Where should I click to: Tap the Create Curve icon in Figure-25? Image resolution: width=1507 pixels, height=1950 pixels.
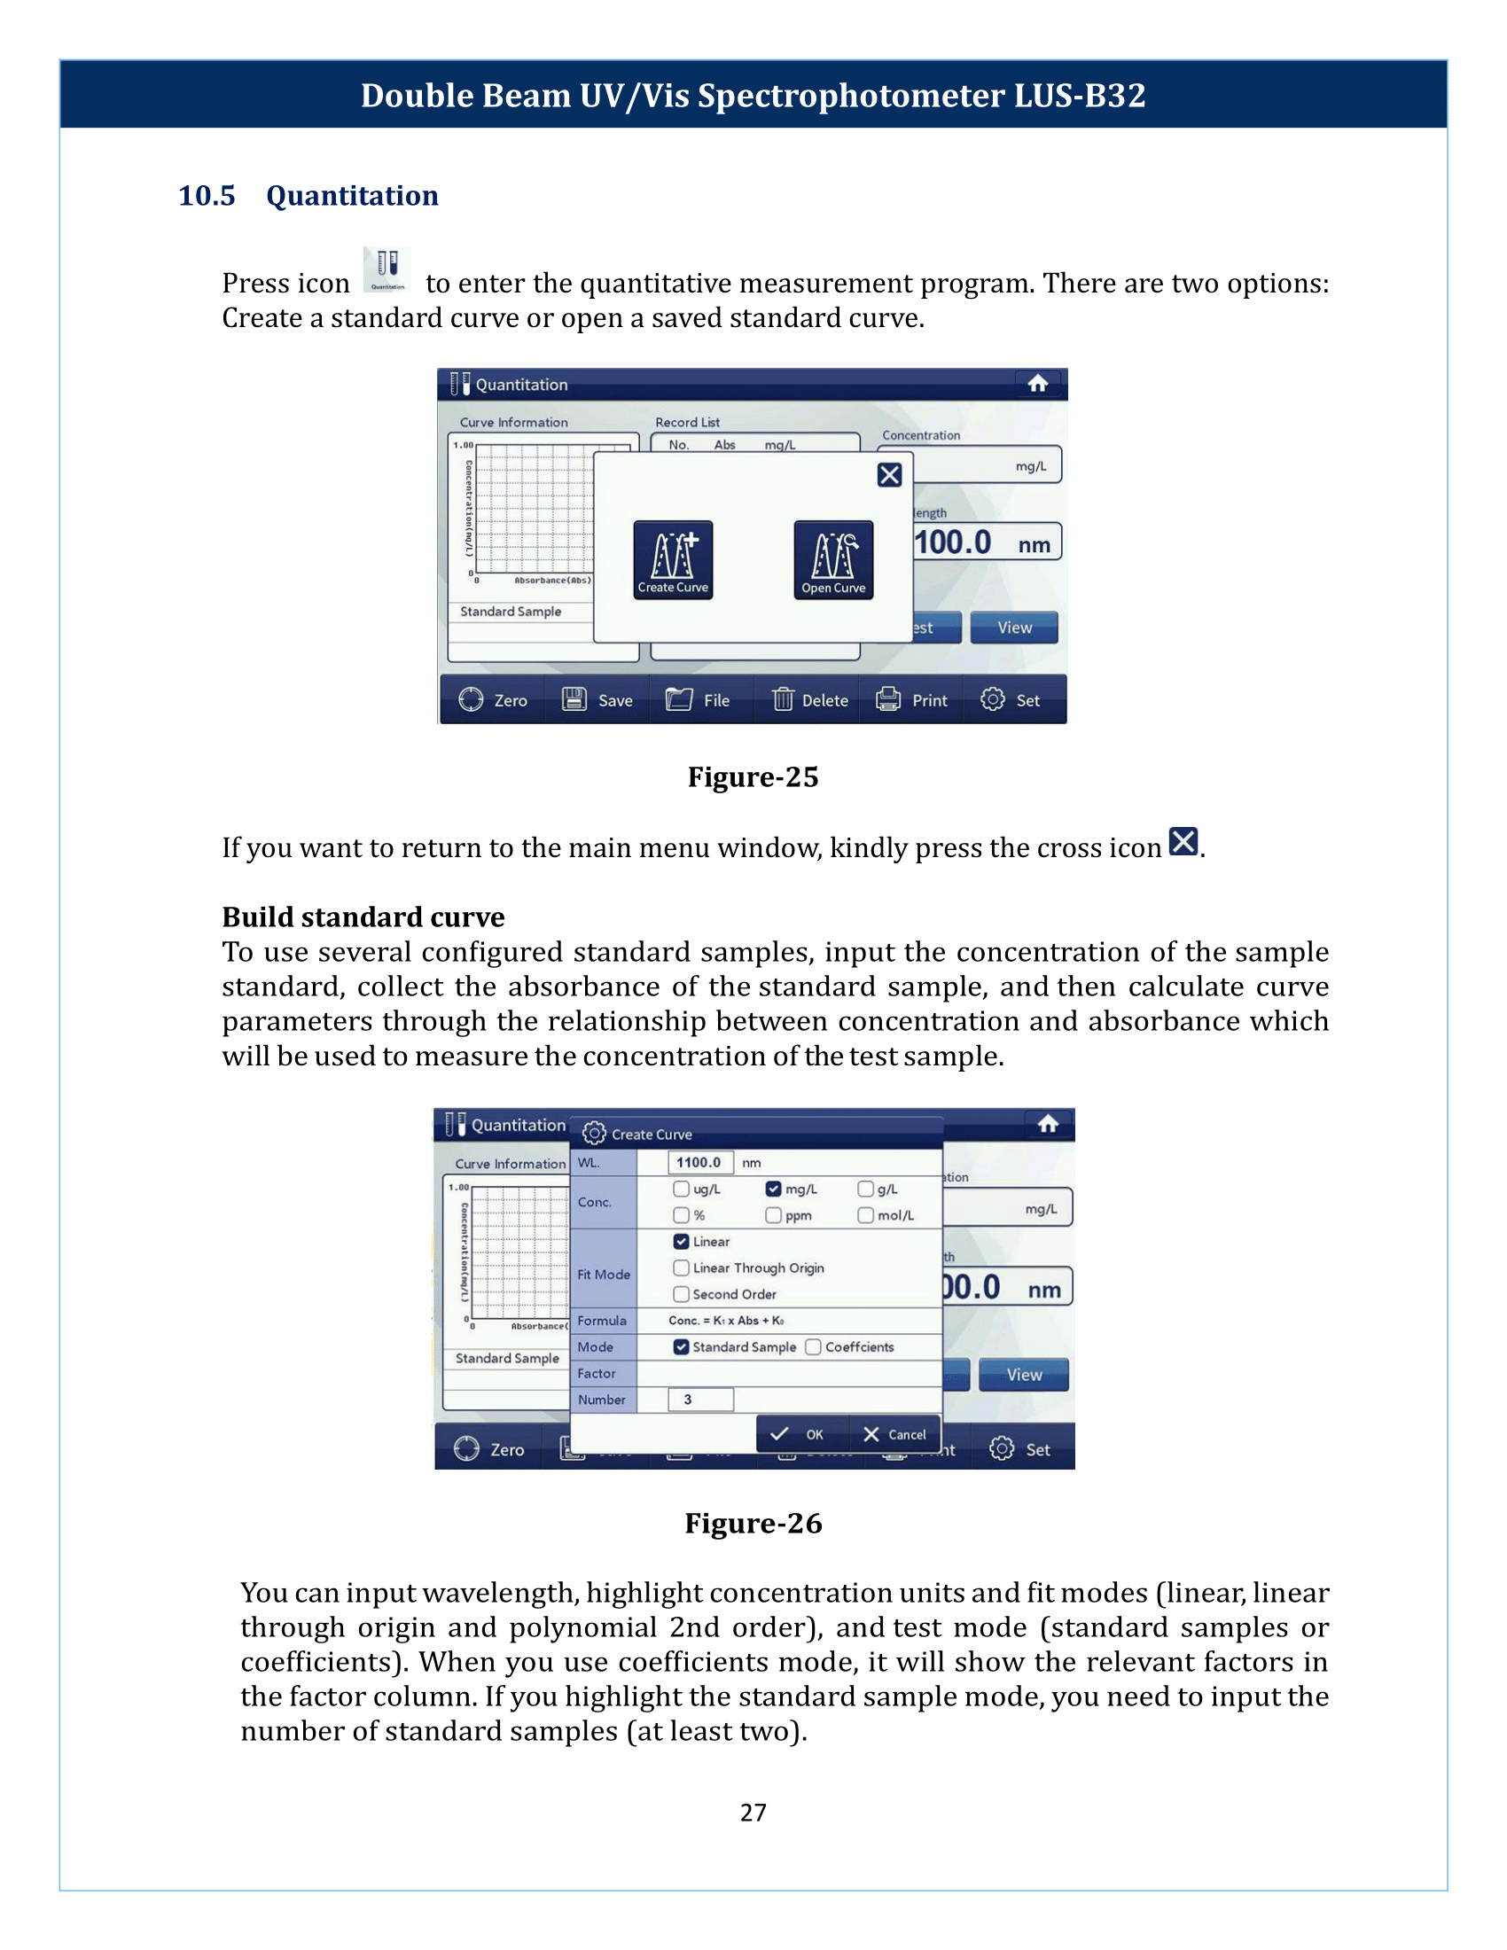[x=672, y=559]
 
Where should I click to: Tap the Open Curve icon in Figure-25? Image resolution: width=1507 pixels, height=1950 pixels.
[x=833, y=559]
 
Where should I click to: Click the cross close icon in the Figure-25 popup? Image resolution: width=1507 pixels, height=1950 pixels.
[x=889, y=475]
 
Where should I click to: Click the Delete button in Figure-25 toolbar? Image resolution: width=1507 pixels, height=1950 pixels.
[x=809, y=700]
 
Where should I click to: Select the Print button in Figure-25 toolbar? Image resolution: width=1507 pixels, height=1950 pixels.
[x=911, y=700]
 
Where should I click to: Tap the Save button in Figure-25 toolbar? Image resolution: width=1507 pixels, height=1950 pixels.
[x=597, y=700]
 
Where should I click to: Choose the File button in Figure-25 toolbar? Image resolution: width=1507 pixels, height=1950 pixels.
[x=699, y=700]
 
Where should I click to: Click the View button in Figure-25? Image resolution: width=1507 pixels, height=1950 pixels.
[x=1014, y=628]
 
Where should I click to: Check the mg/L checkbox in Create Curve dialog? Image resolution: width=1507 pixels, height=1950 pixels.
[x=773, y=1189]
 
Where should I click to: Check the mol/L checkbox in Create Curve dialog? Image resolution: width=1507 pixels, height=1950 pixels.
[x=865, y=1215]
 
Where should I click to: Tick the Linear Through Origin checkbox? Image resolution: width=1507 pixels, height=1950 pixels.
[x=681, y=1267]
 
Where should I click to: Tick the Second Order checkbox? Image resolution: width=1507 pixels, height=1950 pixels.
[x=681, y=1294]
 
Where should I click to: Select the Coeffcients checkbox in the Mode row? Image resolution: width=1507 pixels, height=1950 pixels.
[x=813, y=1346]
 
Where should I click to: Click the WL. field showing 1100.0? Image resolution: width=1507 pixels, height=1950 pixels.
[x=700, y=1163]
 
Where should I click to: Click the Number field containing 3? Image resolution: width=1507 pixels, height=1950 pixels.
[x=700, y=1399]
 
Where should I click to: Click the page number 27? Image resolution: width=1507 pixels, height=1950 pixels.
[x=753, y=1812]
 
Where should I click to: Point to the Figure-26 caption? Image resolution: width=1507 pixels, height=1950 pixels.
[x=753, y=1522]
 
